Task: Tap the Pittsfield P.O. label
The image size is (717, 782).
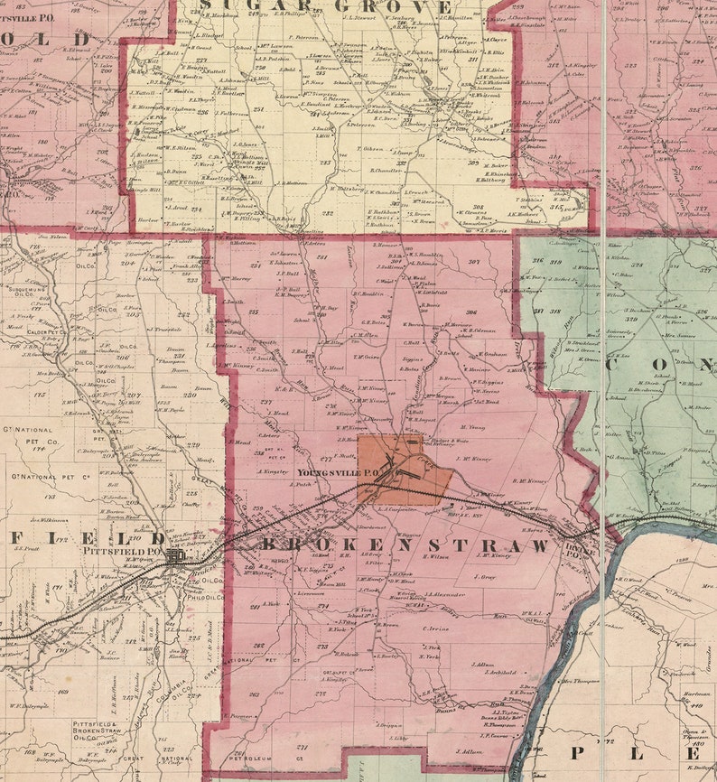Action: click(123, 549)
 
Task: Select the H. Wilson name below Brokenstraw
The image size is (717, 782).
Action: click(434, 557)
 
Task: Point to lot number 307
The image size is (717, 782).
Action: click(474, 263)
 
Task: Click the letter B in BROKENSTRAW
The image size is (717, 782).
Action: click(269, 545)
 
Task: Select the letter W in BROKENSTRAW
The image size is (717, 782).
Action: click(540, 546)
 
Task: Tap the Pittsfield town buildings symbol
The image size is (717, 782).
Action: click(175, 556)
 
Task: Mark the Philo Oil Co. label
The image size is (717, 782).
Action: click(206, 595)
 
